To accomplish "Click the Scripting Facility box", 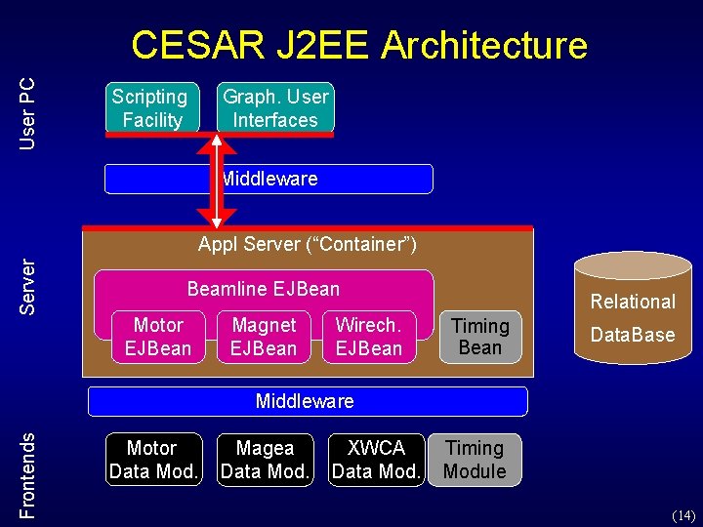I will pos(149,107).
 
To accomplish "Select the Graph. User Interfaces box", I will pos(274,107).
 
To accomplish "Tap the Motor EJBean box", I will pos(158,337).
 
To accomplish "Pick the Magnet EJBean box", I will pos(264,337).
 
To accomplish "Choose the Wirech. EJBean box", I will pos(368,337).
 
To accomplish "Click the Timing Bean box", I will pos(479,337).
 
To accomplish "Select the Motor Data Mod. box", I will pos(153,460).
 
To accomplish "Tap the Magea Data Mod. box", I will pos(265,460).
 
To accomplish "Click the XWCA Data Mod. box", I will pos(376,460).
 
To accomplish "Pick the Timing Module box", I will pos(475,460).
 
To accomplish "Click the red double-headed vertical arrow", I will pos(218,182).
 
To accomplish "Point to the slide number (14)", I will pos(682,514).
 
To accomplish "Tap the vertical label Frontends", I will pos(28,476).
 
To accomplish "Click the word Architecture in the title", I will pos(484,46).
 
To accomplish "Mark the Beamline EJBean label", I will pos(264,289).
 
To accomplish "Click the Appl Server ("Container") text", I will pos(308,244).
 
